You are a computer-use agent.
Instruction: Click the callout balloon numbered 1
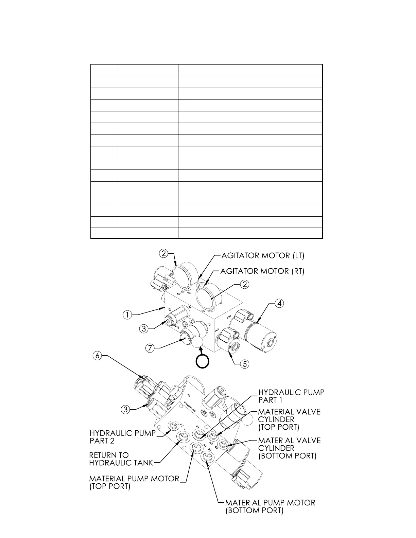pos(127,315)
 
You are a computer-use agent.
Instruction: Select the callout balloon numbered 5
pos(244,364)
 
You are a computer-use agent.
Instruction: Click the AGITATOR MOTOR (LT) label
pos(263,256)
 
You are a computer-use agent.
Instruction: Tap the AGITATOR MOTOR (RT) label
pos(262,271)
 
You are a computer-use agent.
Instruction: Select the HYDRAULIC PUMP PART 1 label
pos(291,396)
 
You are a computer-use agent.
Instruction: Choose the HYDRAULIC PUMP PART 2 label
pos(123,437)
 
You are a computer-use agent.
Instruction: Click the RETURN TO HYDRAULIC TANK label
pos(121,459)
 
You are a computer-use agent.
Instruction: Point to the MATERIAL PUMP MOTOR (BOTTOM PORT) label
pos(270,506)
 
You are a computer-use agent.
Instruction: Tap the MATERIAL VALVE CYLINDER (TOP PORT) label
pos(289,419)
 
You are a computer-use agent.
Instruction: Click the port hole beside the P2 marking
pos(174,425)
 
